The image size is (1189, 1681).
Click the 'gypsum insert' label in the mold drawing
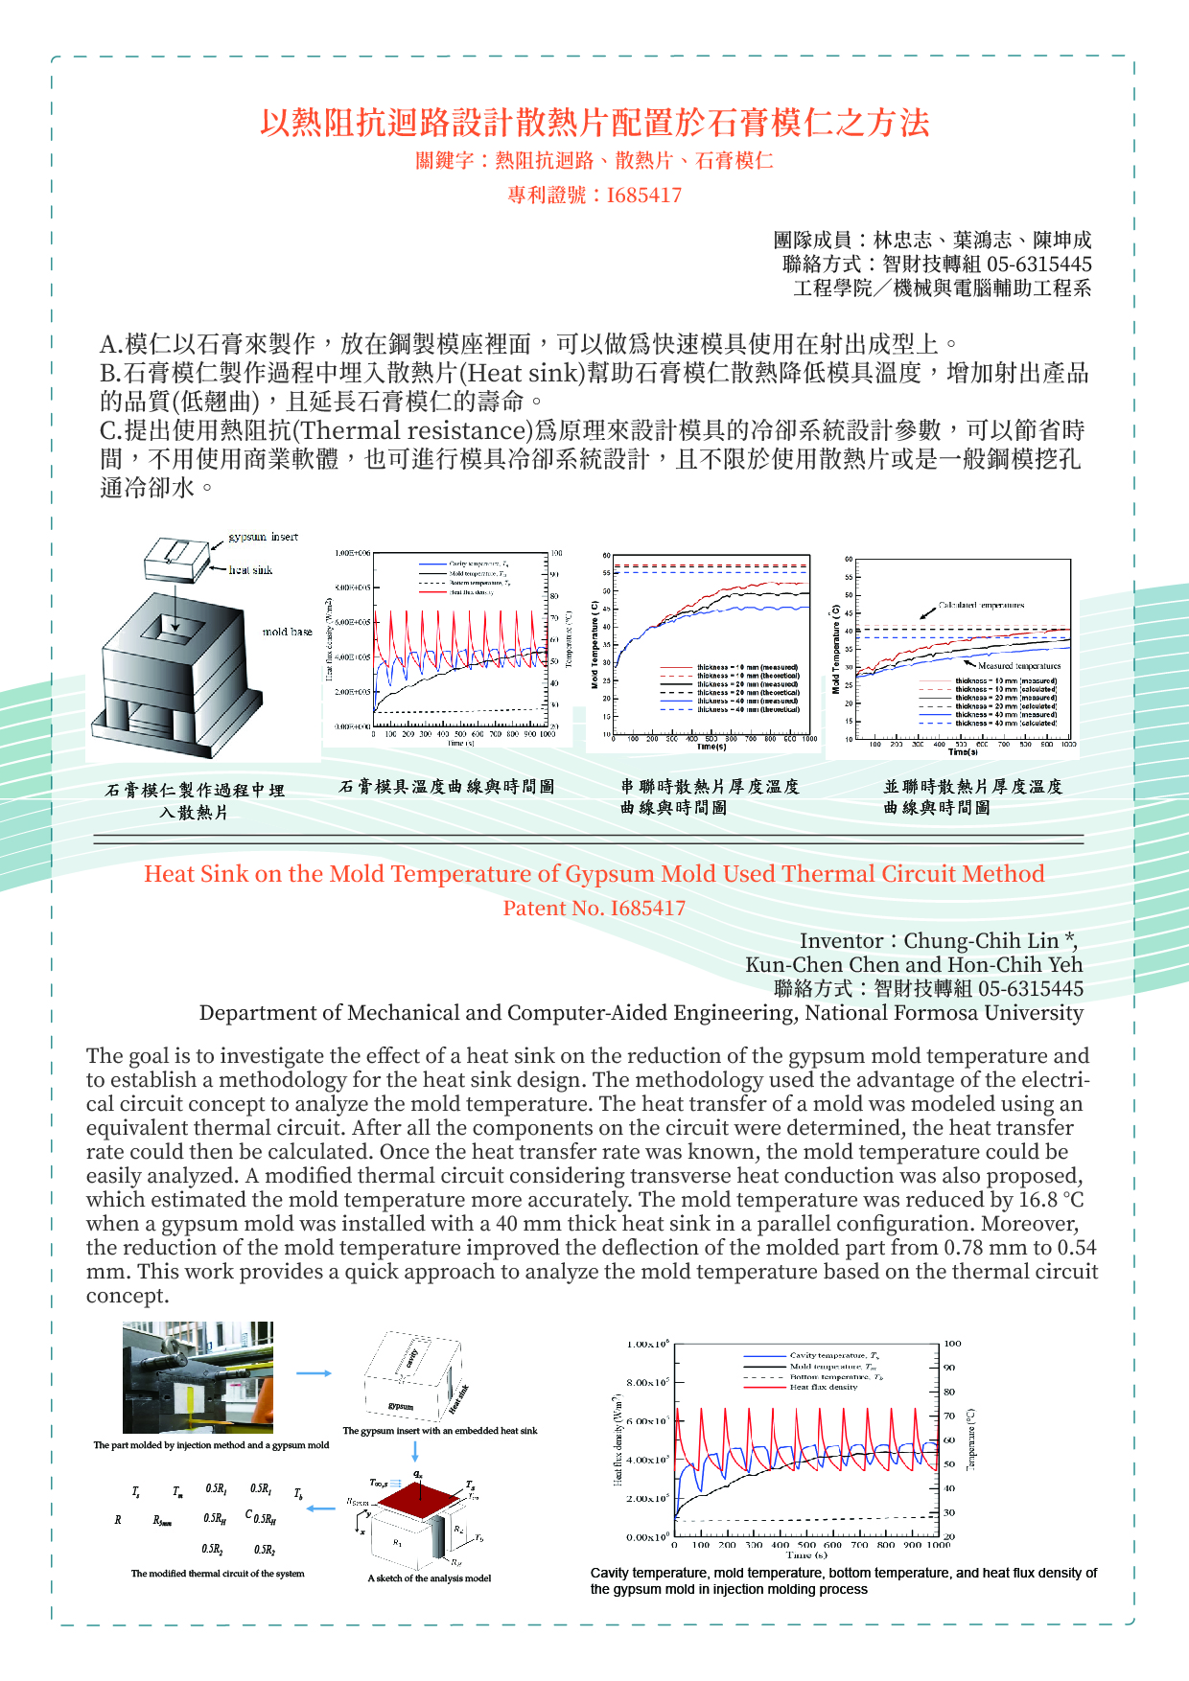[x=263, y=537]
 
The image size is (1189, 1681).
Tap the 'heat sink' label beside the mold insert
[x=250, y=570]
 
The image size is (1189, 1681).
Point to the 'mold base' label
[x=287, y=632]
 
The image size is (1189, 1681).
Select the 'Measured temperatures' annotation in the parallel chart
[x=1019, y=665]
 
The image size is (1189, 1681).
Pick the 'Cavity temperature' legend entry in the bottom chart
[x=833, y=1356]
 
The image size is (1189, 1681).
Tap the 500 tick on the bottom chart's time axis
[x=806, y=1544]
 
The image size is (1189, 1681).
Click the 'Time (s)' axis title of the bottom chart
[x=806, y=1554]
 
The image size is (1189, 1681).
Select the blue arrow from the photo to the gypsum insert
[x=314, y=1373]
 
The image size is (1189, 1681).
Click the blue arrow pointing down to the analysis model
[x=415, y=1451]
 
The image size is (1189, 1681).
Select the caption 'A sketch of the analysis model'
[x=429, y=1578]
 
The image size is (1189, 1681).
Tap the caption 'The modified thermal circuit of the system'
[x=218, y=1574]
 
